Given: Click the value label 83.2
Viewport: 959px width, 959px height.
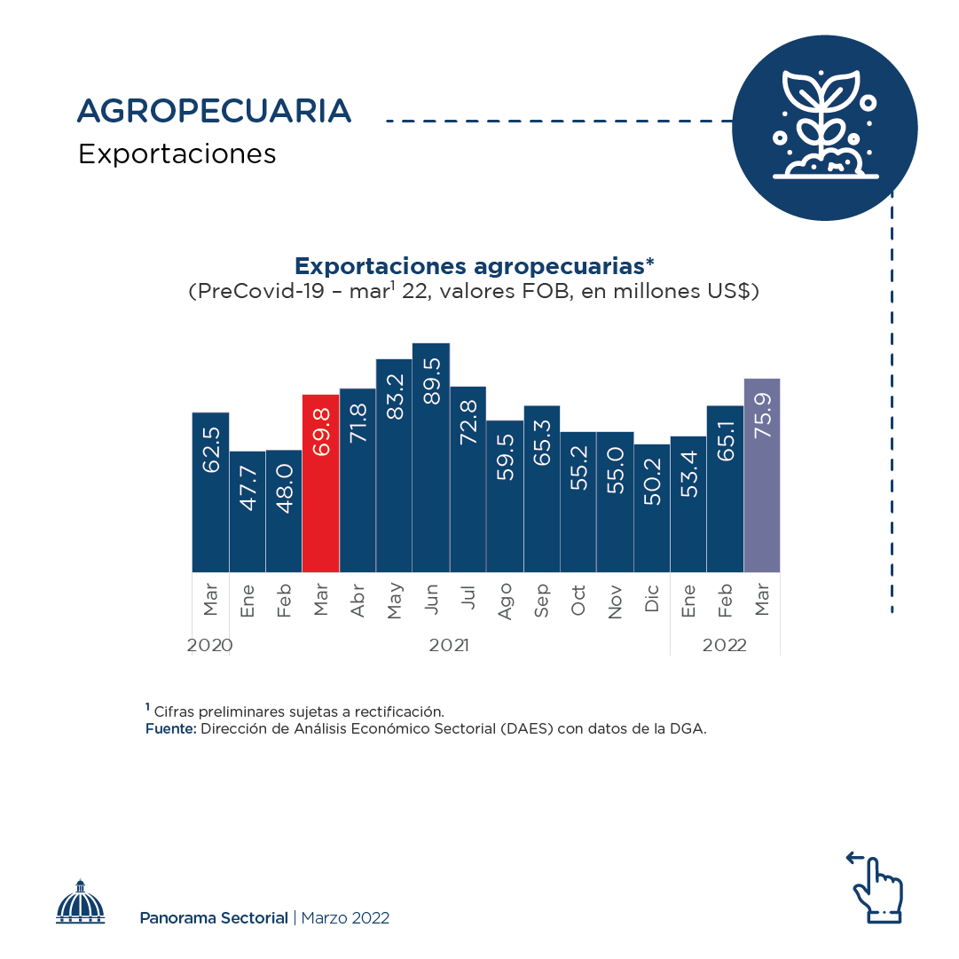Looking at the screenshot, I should click(x=395, y=396).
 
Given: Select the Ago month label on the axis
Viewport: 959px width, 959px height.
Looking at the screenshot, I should click(x=505, y=601).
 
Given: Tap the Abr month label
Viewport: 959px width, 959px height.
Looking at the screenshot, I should click(x=358, y=601).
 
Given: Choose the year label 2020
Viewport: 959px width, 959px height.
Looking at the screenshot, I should click(x=210, y=646).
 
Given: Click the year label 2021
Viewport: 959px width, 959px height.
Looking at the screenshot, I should click(x=449, y=646).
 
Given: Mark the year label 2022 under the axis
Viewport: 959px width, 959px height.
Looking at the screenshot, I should click(x=725, y=646).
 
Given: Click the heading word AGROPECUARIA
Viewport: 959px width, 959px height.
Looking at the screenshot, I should click(x=215, y=111).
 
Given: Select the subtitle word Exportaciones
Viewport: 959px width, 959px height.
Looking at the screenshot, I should click(x=177, y=154).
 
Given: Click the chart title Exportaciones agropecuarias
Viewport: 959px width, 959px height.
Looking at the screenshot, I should click(x=474, y=265).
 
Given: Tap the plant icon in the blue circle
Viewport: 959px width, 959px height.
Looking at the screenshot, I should click(x=824, y=125).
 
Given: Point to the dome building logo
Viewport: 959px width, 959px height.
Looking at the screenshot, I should click(x=81, y=902).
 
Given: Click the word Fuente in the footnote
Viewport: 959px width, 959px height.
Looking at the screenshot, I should click(x=170, y=729).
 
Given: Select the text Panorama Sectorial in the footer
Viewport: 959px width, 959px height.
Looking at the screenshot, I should click(x=214, y=918).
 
